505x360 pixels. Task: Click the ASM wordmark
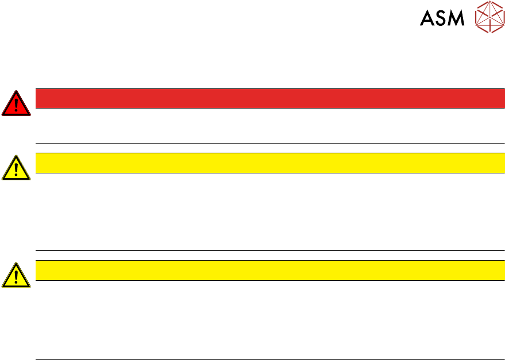[442, 18]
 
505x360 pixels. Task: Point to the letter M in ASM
[456, 18]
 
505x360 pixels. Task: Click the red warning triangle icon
[17, 104]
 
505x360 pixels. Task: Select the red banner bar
[270, 98]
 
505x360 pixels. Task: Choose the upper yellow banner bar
[270, 163]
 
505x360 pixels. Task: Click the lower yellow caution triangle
[17, 275]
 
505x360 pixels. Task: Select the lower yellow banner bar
[270, 270]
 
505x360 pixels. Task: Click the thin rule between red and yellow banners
[270, 143]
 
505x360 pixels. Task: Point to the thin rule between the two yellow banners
[270, 250]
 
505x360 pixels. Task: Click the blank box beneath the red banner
[270, 125]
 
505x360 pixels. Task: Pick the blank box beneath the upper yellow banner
[270, 211]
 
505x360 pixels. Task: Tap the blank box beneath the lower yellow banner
[270, 319]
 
